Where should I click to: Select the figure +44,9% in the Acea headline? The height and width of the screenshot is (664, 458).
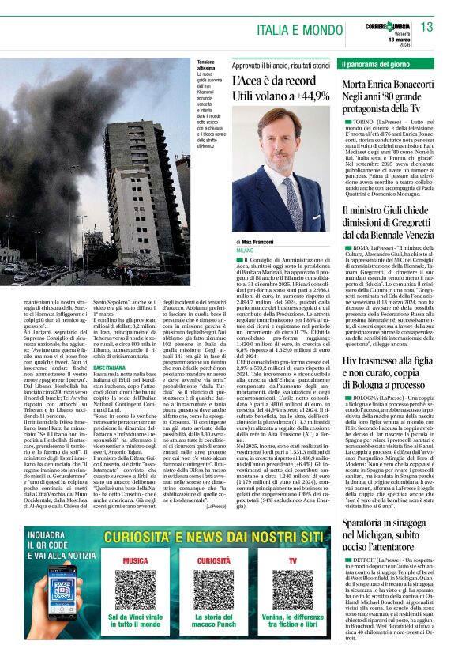click(x=305, y=96)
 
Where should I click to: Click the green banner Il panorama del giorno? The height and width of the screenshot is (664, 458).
click(x=375, y=63)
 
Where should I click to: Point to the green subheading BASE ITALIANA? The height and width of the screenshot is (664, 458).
click(x=110, y=368)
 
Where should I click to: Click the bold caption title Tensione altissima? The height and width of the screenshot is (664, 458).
click(x=208, y=66)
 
